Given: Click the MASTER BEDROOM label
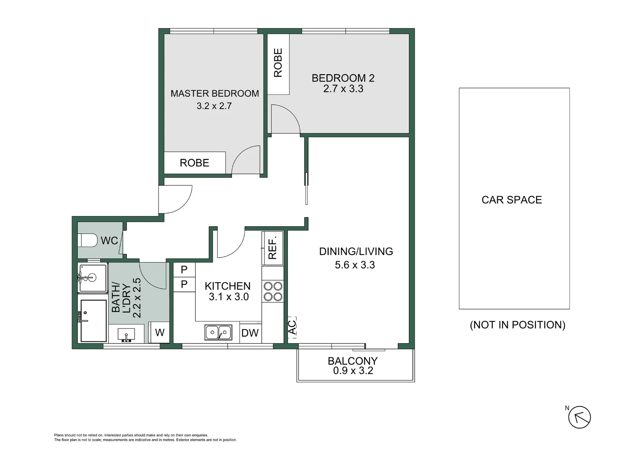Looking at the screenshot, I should click(214, 94).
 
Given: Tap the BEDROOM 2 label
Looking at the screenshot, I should click(343, 78).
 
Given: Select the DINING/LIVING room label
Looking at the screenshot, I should click(356, 251).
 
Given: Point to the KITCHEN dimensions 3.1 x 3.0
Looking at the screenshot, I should click(228, 297).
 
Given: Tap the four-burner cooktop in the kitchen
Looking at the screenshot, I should click(272, 292).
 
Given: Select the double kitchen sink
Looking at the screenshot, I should click(218, 333).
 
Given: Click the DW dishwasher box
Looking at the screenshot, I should click(250, 333).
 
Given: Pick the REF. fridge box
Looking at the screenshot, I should click(272, 248).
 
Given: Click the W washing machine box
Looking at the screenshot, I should click(159, 333).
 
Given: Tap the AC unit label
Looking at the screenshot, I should click(292, 327).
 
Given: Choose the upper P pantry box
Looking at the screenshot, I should click(184, 270).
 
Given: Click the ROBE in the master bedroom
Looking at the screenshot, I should click(195, 163).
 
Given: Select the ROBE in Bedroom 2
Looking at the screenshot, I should click(278, 63).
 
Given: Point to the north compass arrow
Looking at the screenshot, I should click(579, 417).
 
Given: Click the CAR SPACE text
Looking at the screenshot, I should click(511, 200).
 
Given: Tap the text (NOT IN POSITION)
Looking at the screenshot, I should click(517, 325).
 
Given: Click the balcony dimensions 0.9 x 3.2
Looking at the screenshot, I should click(353, 371).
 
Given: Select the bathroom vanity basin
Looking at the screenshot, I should click(126, 335).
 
